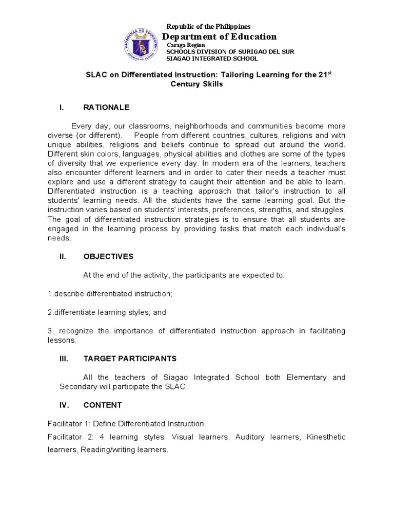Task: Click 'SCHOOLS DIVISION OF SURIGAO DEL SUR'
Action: [222, 52]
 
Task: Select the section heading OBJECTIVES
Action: [108, 256]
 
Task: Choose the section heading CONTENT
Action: [103, 405]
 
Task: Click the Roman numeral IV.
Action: [64, 405]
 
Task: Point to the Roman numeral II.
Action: [63, 256]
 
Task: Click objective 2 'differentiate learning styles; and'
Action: [107, 312]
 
